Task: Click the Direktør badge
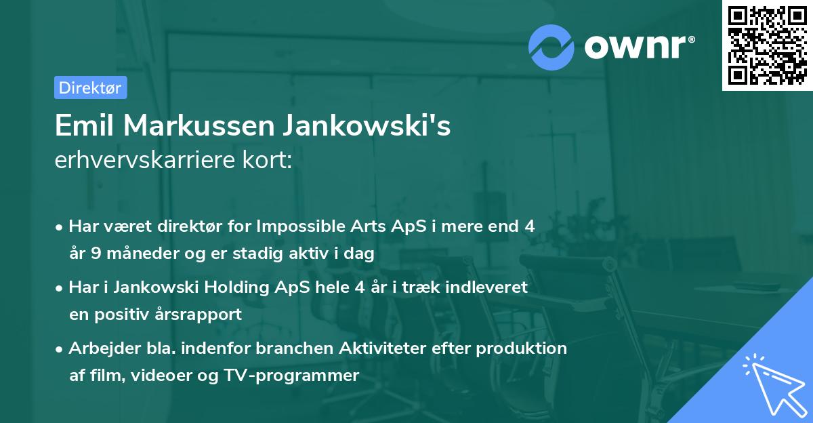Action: coord(90,87)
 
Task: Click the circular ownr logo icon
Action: coord(551,47)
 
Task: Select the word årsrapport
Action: coord(202,315)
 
